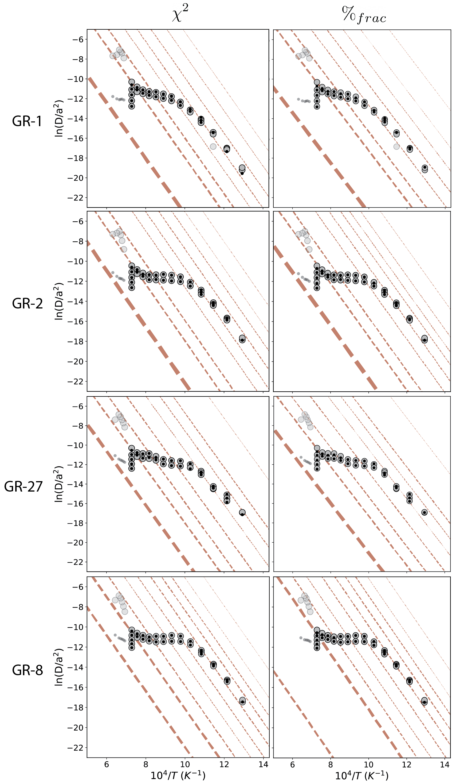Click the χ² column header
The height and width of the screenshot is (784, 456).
coord(180,14)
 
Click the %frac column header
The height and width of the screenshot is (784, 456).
coord(364,15)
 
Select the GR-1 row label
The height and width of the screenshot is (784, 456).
coord(27,121)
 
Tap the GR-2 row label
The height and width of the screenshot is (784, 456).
coord(27,303)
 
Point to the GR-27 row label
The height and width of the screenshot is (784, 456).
coord(23,486)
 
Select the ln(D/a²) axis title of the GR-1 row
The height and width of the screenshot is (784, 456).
coord(59,118)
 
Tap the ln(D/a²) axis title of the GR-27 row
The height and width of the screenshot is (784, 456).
coord(59,484)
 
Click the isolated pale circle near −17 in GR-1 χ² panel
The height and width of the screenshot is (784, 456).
coord(213,146)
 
